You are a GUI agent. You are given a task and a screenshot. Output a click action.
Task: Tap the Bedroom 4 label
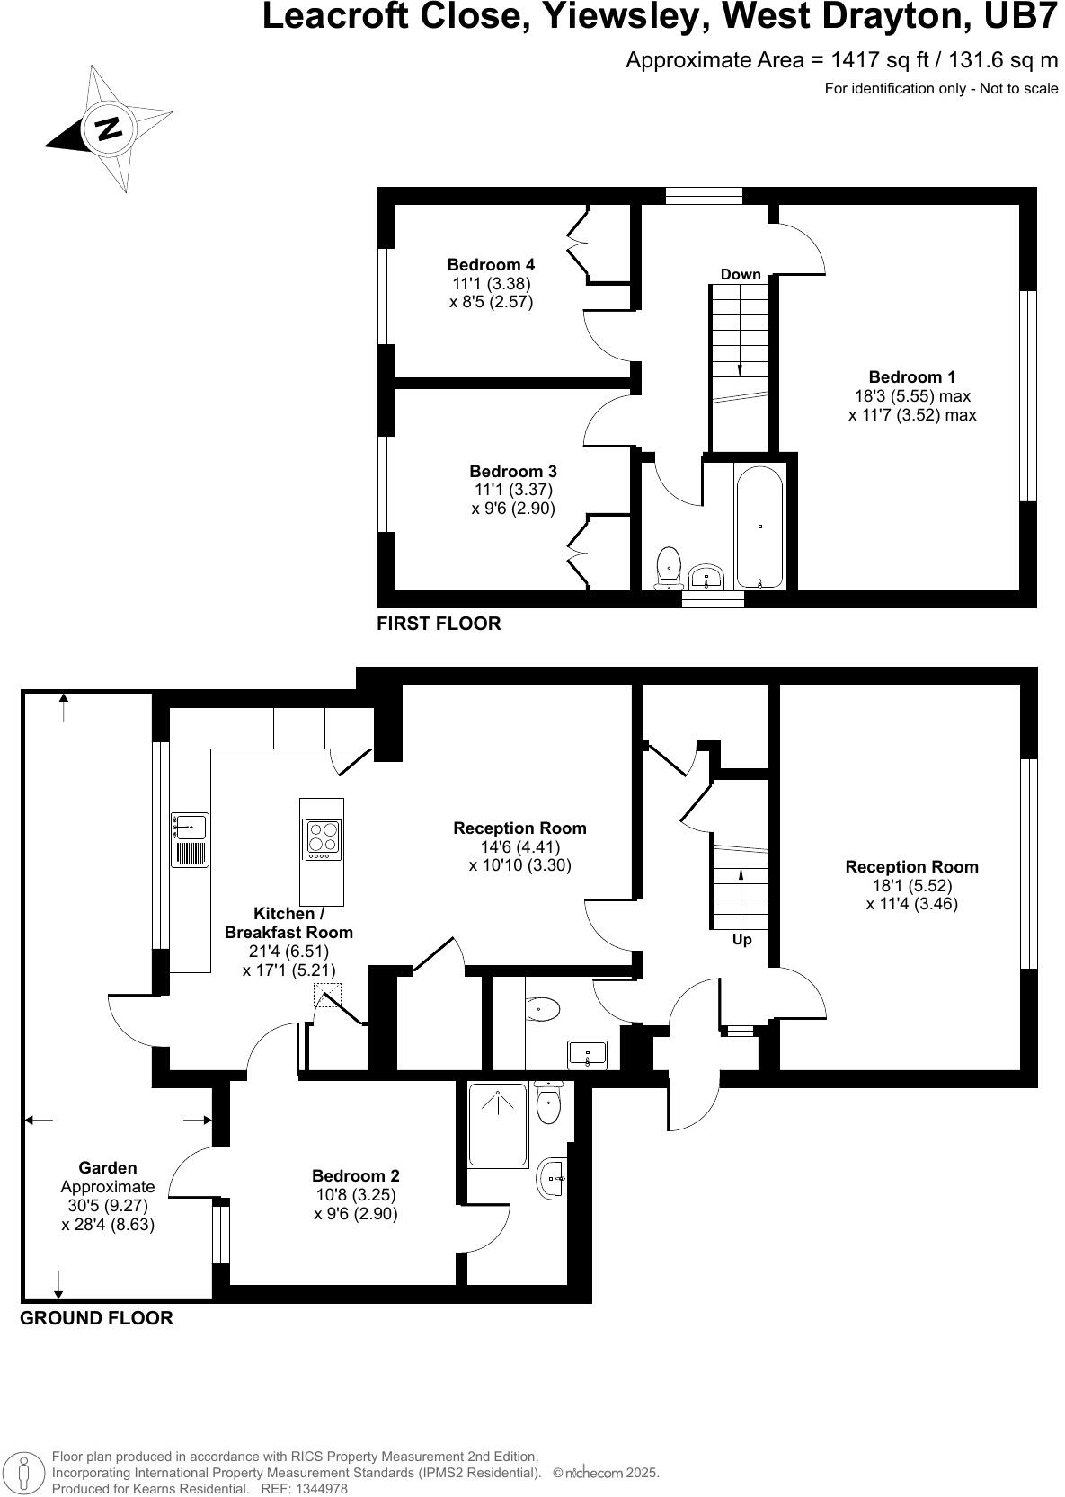(491, 264)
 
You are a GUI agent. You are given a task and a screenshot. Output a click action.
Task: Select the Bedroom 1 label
(911, 376)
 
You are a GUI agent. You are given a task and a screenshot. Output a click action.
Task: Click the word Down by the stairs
(741, 274)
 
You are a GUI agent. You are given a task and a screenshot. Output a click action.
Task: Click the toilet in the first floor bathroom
(669, 567)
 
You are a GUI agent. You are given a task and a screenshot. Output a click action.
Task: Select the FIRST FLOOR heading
(439, 624)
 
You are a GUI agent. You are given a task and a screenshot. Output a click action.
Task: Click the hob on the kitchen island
(323, 838)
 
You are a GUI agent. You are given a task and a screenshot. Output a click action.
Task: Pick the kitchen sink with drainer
(190, 839)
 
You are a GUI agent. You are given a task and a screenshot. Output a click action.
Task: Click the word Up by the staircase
(741, 939)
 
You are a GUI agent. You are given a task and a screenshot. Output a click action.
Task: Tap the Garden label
(108, 1167)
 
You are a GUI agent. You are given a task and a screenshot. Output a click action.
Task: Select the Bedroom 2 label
(356, 1175)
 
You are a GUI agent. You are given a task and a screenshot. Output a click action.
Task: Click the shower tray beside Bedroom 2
(498, 1124)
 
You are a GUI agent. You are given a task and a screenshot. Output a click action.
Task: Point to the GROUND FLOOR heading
(96, 1318)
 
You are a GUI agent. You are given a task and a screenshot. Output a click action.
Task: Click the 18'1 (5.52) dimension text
(911, 885)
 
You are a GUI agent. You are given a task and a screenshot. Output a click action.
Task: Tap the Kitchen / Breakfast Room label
(288, 923)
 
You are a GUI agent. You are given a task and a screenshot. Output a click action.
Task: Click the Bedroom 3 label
(513, 471)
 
